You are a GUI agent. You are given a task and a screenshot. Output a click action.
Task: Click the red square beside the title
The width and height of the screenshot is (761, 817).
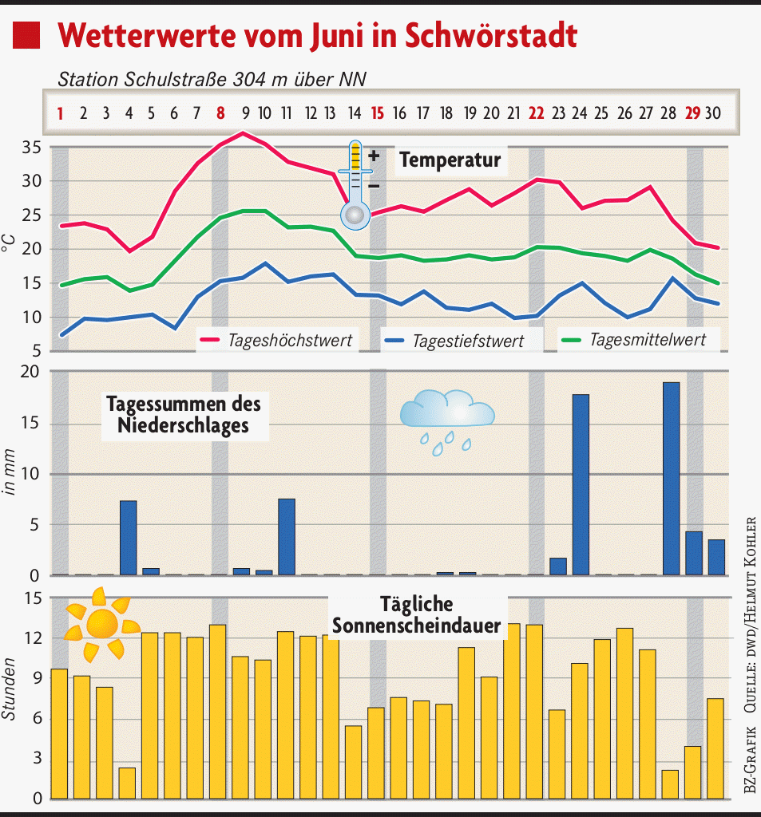tap(26, 35)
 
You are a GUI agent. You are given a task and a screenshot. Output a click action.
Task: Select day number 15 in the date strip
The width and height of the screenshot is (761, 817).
tap(378, 113)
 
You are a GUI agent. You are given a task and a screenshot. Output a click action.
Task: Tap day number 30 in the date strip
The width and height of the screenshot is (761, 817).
tap(713, 113)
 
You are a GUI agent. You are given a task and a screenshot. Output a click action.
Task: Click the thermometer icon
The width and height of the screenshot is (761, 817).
tap(355, 185)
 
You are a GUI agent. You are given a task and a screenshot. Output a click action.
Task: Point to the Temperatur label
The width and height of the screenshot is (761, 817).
tap(450, 160)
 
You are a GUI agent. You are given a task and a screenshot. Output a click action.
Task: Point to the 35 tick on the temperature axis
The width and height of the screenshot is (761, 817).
tap(31, 148)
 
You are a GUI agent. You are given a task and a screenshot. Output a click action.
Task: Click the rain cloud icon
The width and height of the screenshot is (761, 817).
tap(447, 419)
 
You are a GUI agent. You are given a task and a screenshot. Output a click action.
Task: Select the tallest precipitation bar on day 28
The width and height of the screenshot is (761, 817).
tap(671, 479)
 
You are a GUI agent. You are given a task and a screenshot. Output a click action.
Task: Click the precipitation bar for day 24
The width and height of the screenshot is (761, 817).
tap(581, 484)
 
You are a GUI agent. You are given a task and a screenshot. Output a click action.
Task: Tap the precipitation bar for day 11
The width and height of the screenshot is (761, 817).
tap(287, 536)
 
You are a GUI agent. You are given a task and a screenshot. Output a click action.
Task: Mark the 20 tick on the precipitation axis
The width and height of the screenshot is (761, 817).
tap(31, 372)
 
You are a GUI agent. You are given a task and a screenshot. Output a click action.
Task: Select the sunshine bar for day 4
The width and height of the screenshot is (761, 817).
tap(127, 783)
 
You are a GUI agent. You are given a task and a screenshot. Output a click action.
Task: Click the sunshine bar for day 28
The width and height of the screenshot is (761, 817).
tap(670, 784)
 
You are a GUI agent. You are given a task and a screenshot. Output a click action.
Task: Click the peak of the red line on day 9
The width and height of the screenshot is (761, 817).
tap(243, 132)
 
